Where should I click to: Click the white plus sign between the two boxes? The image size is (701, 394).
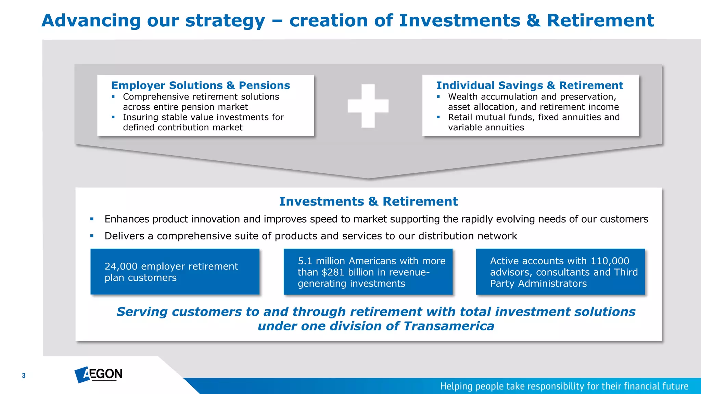pyautogui.click(x=368, y=106)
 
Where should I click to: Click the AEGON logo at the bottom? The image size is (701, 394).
pyautogui.click(x=99, y=374)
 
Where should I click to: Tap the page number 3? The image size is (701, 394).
pyautogui.click(x=24, y=376)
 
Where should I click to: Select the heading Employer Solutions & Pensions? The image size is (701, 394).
pyautogui.click(x=201, y=85)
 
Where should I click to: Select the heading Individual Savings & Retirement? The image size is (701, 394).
pyautogui.click(x=530, y=85)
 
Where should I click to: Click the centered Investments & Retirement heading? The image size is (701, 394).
pyautogui.click(x=368, y=201)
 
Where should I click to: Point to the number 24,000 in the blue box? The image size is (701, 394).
pyautogui.click(x=121, y=266)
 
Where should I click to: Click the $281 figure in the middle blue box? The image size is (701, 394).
pyautogui.click(x=333, y=272)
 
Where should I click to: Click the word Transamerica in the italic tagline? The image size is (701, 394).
pyautogui.click(x=449, y=326)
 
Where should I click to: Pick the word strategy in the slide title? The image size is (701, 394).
pyautogui.click(x=225, y=21)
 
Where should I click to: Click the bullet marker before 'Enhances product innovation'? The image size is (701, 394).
pyautogui.click(x=92, y=219)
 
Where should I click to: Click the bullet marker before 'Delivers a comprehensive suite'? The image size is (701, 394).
pyautogui.click(x=92, y=236)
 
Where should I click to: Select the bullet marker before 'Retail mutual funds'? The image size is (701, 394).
pyautogui.click(x=438, y=117)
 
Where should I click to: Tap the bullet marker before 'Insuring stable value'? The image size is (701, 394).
pyautogui.click(x=113, y=117)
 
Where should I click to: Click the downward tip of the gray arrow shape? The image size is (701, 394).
pyautogui.click(x=368, y=177)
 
